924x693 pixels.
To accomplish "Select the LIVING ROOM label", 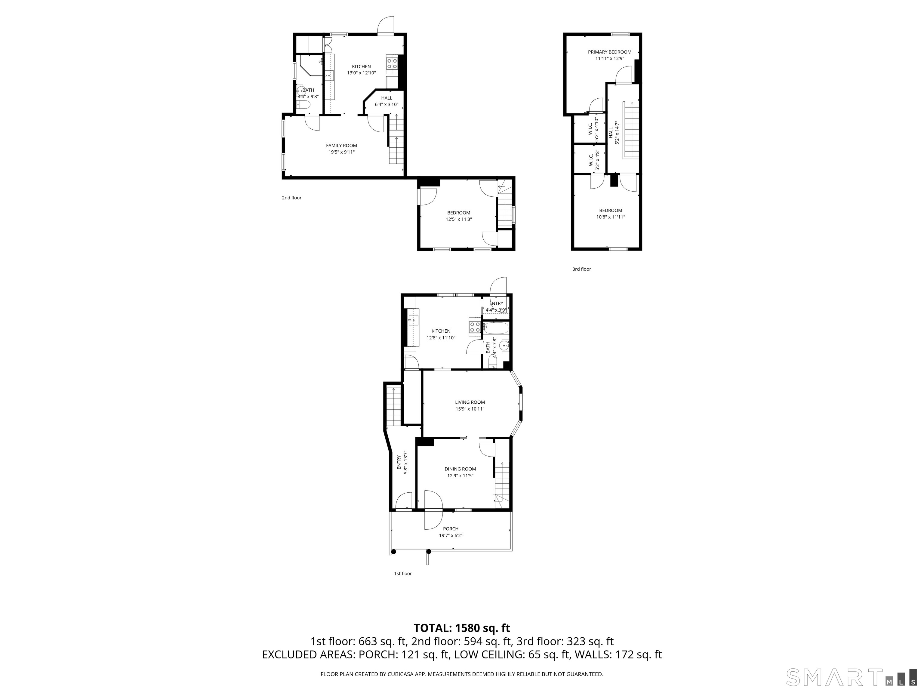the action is pyautogui.click(x=470, y=402).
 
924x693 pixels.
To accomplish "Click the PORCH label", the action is pyautogui.click(x=451, y=529).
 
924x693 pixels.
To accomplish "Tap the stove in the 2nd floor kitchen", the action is pyautogui.click(x=392, y=63).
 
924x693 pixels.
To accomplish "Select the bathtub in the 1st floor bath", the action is pyautogui.click(x=496, y=328).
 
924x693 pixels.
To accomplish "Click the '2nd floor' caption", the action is pyautogui.click(x=291, y=198).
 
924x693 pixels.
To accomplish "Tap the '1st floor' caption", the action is pyautogui.click(x=403, y=574).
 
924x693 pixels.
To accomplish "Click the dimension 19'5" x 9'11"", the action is pyautogui.click(x=341, y=152).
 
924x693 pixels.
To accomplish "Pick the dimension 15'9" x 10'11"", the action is pyautogui.click(x=470, y=409).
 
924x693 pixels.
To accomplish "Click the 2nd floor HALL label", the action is pyautogui.click(x=387, y=98).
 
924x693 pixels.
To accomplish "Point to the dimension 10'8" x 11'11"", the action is pyautogui.click(x=610, y=217).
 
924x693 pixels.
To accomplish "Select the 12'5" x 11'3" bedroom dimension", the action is pyautogui.click(x=458, y=219).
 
